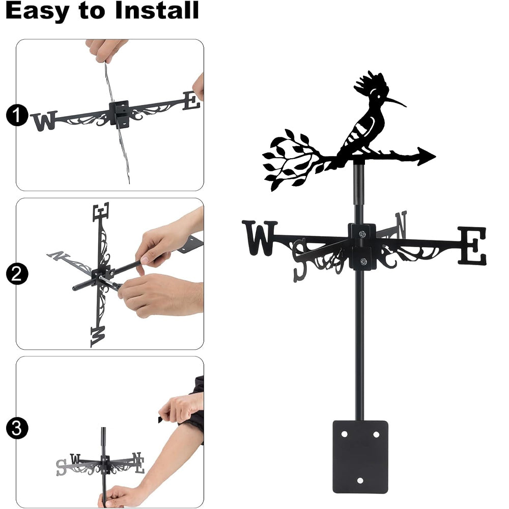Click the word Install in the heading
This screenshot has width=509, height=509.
point(157,10)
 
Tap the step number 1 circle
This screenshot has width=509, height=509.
point(17,115)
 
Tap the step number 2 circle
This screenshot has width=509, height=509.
point(17,274)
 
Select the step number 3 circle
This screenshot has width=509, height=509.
point(17,428)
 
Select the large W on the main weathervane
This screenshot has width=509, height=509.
point(260,238)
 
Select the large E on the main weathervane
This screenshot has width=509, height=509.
point(472,245)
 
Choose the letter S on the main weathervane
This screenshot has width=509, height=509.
point(300,260)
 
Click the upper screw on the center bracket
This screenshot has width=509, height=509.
point(362,234)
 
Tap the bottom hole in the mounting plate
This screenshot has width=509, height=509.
point(360,480)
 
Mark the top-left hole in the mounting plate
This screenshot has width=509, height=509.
point(344,434)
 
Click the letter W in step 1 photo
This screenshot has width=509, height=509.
point(45,121)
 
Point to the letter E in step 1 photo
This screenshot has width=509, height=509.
point(191,101)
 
